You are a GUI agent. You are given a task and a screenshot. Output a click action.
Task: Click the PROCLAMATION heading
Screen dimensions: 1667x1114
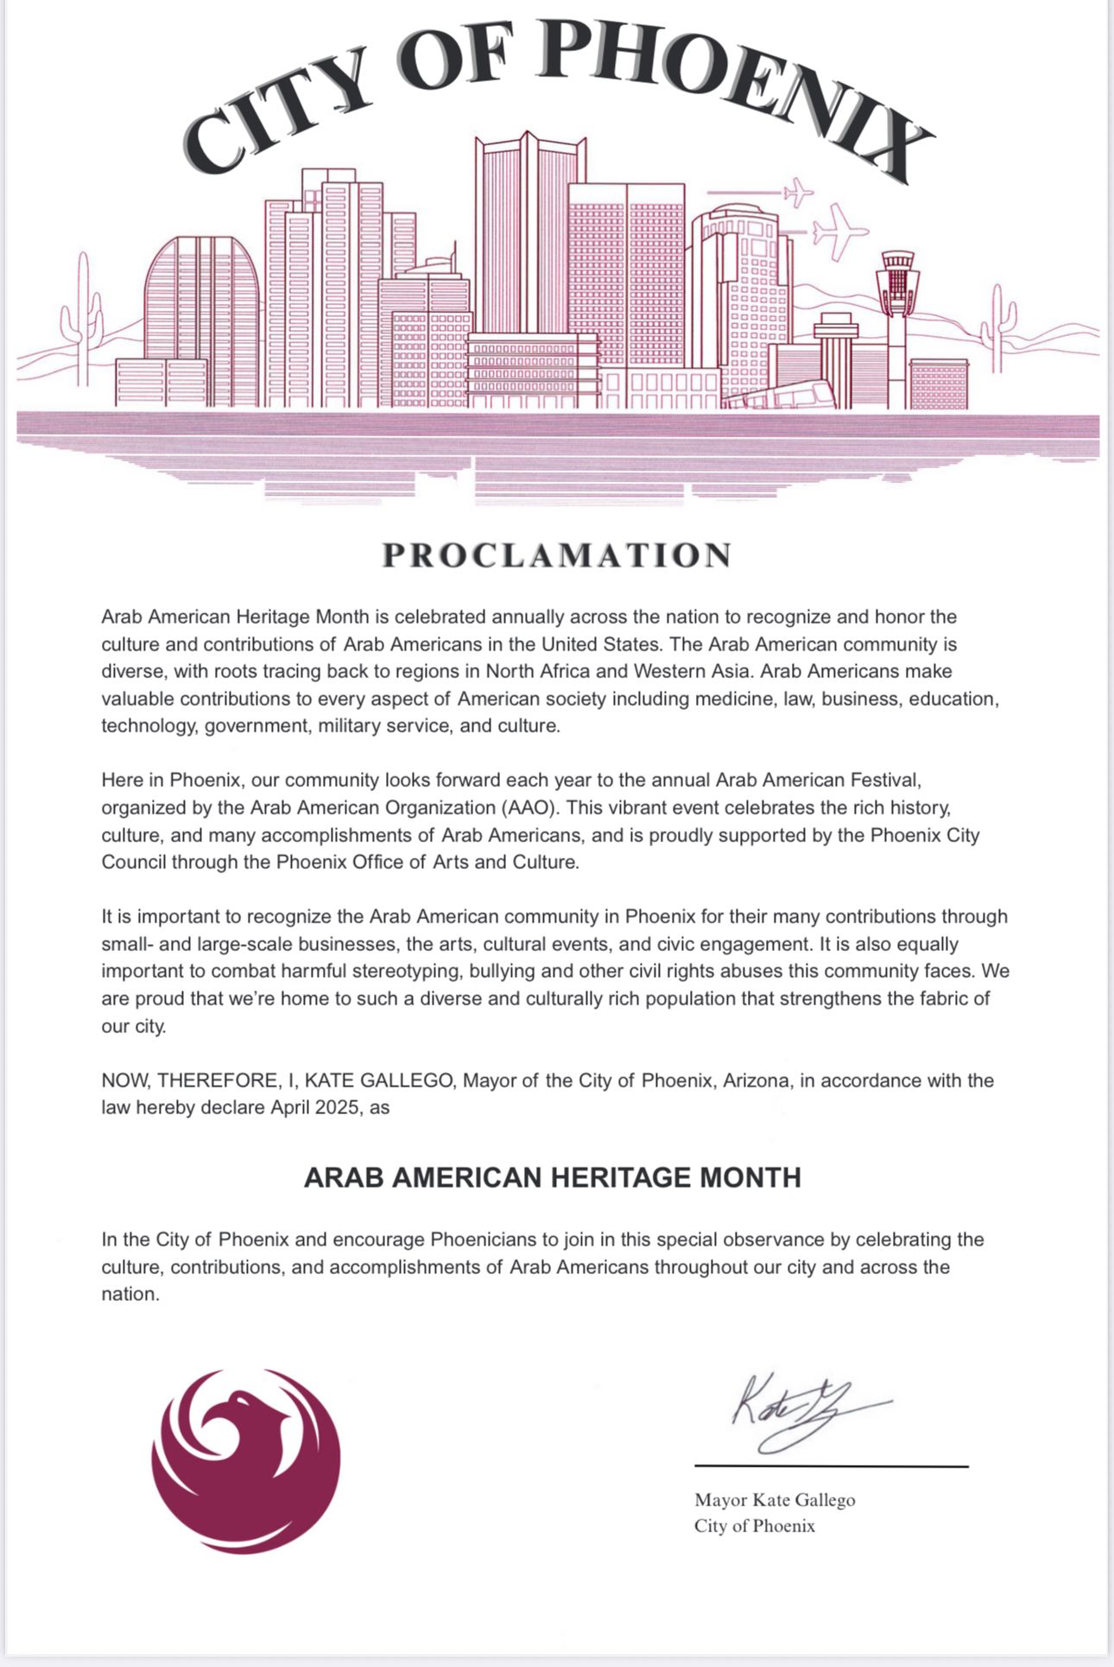[557, 555]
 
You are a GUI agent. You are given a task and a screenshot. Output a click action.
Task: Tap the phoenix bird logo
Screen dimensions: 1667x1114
[245, 1461]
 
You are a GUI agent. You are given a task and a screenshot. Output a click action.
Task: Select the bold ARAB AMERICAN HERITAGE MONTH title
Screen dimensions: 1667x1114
[552, 1177]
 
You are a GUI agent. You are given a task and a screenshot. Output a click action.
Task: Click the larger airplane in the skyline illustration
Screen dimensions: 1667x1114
[838, 231]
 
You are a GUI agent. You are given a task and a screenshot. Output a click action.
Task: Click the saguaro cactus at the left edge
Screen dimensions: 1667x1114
[81, 320]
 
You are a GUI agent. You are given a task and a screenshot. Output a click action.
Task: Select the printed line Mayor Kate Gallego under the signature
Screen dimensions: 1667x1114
[775, 1500]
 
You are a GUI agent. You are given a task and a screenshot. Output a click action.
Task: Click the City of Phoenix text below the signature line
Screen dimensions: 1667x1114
[754, 1526]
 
